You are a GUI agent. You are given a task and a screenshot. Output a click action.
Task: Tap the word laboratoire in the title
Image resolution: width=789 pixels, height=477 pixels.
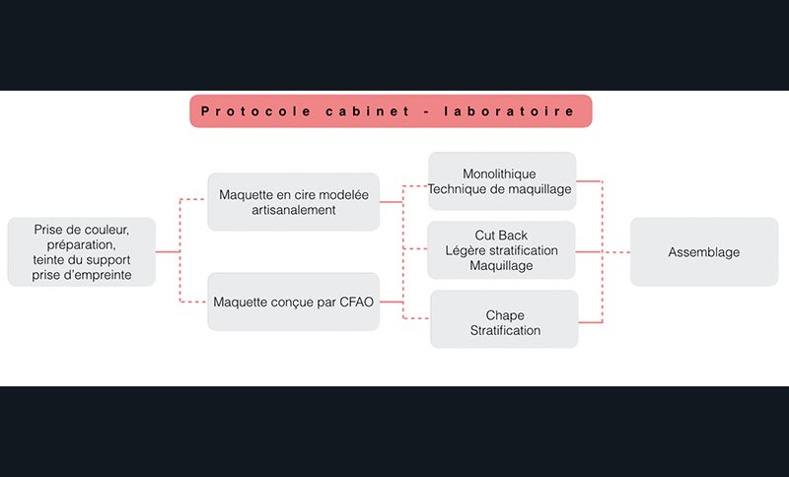[x=513, y=111]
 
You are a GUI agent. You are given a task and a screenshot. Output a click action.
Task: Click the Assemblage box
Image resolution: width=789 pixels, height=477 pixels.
[x=703, y=252]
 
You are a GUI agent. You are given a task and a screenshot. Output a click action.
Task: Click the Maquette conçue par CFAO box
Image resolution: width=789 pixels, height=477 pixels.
[x=293, y=302]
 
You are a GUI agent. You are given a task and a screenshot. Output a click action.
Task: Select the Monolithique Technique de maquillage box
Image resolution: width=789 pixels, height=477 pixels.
[x=501, y=181]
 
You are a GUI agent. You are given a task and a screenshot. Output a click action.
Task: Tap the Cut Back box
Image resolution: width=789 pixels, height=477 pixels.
[x=501, y=250]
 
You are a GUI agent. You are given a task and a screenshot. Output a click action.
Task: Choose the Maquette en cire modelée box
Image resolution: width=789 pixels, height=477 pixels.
[x=293, y=202]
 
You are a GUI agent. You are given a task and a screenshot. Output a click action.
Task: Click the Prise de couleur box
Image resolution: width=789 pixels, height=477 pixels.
[x=81, y=252]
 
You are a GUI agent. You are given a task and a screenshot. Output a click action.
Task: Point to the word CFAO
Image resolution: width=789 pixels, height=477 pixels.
[x=355, y=302]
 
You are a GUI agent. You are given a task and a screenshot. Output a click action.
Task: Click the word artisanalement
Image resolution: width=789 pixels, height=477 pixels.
[x=293, y=210]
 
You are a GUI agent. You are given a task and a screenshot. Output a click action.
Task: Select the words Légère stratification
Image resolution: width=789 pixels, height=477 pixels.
[x=501, y=250]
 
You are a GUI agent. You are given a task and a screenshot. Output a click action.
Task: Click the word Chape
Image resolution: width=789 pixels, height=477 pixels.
[x=505, y=315]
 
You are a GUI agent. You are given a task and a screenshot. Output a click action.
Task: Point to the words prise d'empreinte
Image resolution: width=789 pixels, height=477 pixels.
[x=81, y=275]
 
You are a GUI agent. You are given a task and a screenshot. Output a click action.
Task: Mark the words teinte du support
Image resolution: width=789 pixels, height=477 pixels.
[x=81, y=260]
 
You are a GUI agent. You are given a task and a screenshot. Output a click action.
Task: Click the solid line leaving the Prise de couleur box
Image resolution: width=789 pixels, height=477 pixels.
[x=167, y=252]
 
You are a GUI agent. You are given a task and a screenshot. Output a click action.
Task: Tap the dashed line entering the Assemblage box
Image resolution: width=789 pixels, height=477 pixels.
[x=616, y=252]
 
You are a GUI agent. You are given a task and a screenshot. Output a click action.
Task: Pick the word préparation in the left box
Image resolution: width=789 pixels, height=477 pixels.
[x=81, y=244]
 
